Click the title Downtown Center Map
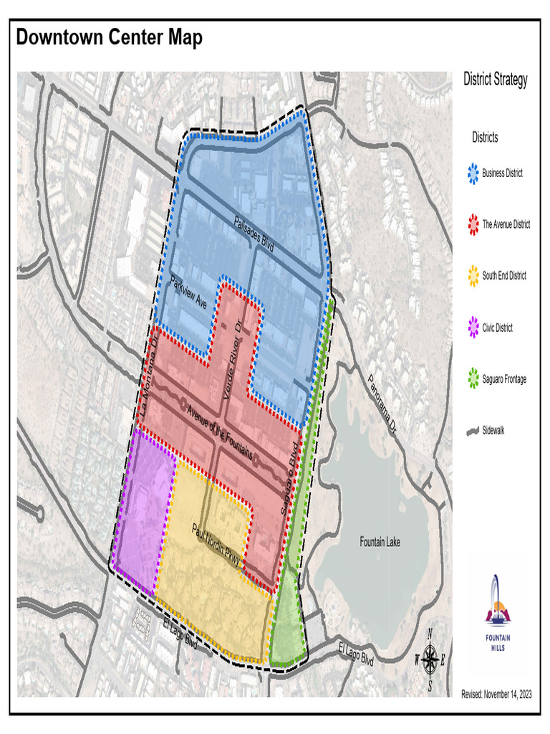(110, 37)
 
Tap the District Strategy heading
(495, 80)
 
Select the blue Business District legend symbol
(473, 173)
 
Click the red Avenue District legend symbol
(473, 225)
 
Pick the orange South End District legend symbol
(473, 276)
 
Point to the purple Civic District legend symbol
(473, 328)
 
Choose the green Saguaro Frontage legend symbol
(473, 379)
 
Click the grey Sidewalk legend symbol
(473, 431)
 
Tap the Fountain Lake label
(380, 542)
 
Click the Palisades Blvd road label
(254, 233)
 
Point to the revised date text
(496, 695)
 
